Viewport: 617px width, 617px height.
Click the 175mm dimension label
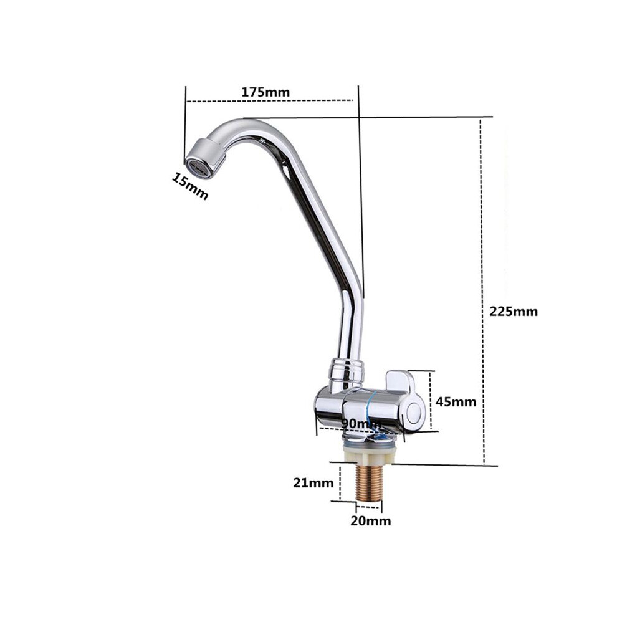(265, 92)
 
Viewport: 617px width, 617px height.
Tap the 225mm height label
(514, 312)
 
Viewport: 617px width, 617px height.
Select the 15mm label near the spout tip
(189, 186)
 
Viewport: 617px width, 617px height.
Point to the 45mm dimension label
(456, 402)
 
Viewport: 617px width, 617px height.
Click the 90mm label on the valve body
(361, 424)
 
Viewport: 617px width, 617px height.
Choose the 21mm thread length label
(313, 482)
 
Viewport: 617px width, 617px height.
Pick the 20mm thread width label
(371, 521)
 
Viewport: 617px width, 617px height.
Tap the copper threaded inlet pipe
(368, 483)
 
